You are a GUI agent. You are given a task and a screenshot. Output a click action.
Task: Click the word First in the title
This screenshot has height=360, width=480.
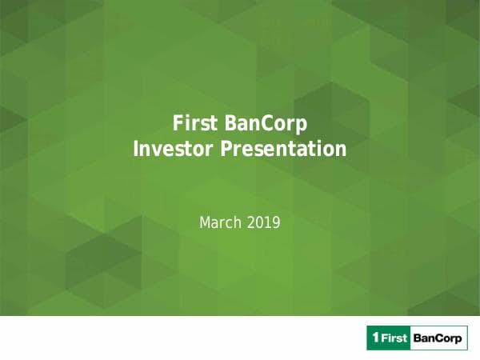point(194,124)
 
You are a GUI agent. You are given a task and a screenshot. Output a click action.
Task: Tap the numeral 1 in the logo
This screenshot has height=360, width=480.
point(373,339)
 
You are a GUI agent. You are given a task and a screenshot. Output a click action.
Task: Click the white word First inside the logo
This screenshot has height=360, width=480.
point(394,339)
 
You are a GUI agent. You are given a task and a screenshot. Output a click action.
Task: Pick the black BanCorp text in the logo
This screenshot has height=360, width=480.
point(438,339)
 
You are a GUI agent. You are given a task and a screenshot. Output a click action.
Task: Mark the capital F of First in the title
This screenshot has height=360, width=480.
point(178,124)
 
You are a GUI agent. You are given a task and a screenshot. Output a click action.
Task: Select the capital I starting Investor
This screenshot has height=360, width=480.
point(134,149)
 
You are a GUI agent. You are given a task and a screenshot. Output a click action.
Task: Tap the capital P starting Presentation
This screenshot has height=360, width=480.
point(217,149)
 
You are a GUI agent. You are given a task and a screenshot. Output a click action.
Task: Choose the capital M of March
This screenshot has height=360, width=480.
point(204,223)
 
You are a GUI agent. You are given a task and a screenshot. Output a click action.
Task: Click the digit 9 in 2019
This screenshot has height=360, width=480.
point(276,223)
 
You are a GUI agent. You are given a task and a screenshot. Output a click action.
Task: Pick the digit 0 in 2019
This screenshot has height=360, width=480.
point(258,223)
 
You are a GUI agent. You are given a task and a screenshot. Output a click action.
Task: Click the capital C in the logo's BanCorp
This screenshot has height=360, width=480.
point(441,339)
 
